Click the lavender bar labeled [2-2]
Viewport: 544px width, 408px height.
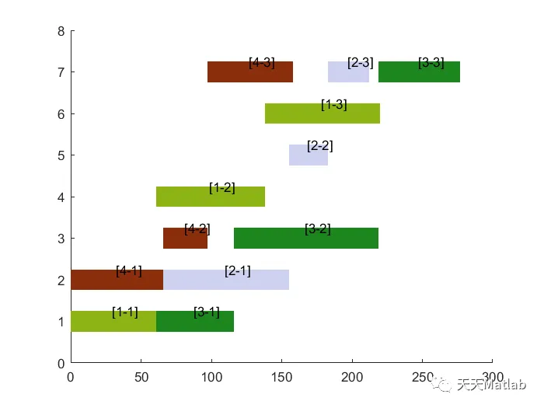(309, 156)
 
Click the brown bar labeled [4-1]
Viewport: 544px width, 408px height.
(117, 281)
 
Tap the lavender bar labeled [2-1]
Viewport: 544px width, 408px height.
(225, 281)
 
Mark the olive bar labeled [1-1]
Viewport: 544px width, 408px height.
(113, 322)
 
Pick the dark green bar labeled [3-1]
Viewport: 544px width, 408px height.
(195, 322)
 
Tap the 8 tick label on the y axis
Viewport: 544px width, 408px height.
(61, 31)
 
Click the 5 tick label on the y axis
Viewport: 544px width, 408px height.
(61, 155)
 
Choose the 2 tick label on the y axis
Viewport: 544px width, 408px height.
(61, 280)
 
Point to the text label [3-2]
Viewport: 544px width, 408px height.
(318, 229)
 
